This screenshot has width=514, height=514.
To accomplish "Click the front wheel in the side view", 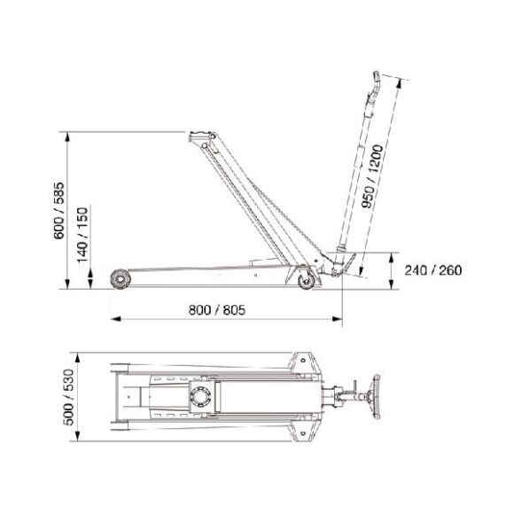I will click(119, 281).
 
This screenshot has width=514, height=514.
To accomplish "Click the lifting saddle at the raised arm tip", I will click(199, 136).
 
